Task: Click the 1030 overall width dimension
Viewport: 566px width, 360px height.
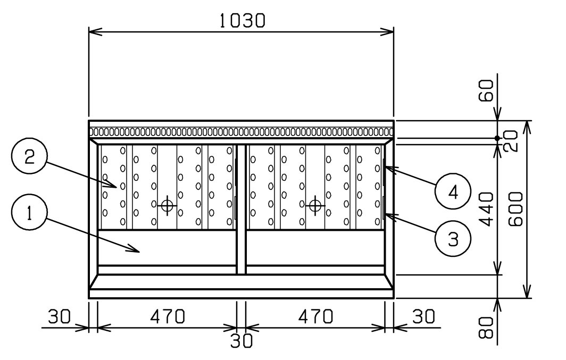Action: (242, 21)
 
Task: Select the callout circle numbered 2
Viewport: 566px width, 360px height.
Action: (29, 156)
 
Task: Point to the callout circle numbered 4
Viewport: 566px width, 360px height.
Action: (453, 191)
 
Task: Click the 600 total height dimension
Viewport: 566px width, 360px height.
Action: (515, 209)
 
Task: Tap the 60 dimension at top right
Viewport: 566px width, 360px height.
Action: (486, 91)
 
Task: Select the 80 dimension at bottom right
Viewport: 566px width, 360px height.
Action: (486, 328)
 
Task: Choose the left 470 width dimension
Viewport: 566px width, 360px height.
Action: (168, 317)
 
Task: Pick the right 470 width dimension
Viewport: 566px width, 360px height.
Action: (315, 317)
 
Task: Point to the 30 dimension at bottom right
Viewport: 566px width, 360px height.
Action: (424, 317)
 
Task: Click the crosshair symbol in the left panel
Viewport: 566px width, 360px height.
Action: (167, 206)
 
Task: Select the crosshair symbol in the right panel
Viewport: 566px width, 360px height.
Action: (315, 206)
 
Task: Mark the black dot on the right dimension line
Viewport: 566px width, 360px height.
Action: (497, 138)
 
